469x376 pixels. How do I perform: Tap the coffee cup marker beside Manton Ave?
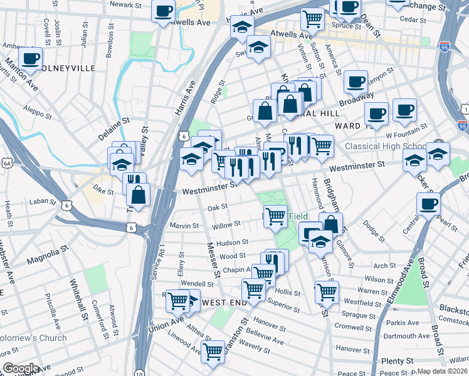tap(29, 59)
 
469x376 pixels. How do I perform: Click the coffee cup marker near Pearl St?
tap(429, 203)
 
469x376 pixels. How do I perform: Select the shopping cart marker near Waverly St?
tap(213, 350)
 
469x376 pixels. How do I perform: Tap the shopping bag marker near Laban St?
tap(138, 194)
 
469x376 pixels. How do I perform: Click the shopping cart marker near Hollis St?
tap(327, 291)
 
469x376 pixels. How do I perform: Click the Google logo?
tap(21, 368)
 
